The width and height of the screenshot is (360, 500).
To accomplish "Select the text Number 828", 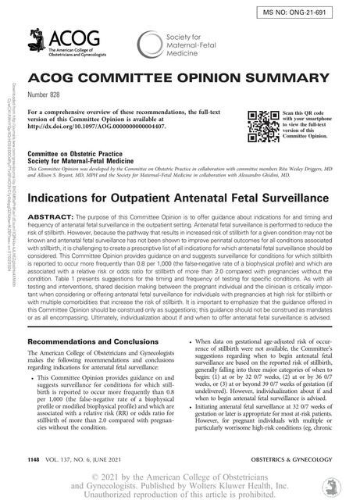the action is tap(47, 98).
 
